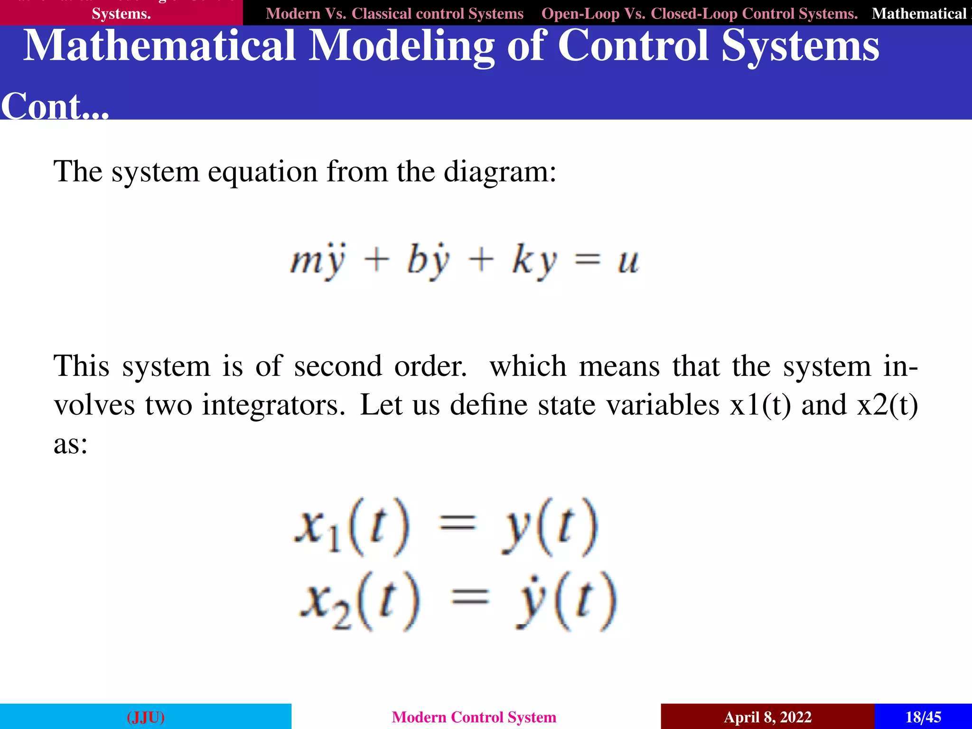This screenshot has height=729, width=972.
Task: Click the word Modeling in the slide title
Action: pos(401,46)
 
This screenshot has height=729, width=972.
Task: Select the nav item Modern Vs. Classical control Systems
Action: pos(394,13)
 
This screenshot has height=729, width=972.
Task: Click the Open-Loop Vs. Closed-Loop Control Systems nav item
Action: pos(700,13)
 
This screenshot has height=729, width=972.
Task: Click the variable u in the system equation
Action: pos(628,261)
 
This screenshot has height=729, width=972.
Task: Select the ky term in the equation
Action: pos(534,261)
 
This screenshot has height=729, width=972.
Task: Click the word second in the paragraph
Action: pos(337,366)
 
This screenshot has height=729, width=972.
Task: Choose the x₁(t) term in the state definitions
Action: pos(351,527)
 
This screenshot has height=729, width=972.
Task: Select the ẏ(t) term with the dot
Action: pos(566,601)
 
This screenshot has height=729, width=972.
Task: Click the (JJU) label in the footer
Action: pos(146,717)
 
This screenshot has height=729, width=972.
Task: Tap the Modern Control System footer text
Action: pos(474,717)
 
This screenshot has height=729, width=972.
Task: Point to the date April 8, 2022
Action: pos(767,717)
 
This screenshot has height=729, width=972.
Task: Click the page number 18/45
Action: pos(923,717)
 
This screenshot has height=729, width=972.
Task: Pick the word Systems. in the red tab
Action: pos(121,14)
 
